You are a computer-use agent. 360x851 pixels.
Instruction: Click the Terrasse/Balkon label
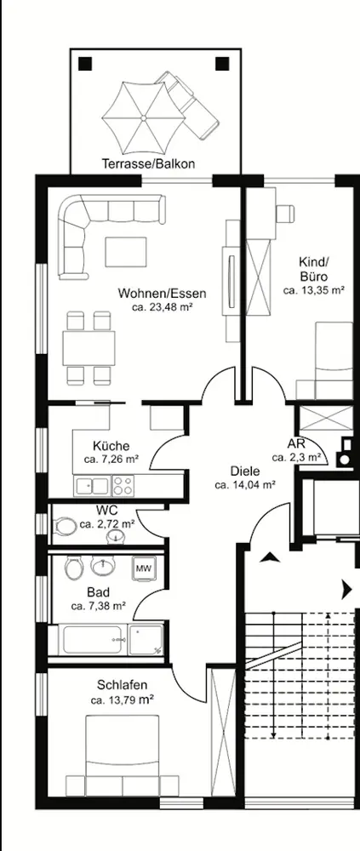coord(148,163)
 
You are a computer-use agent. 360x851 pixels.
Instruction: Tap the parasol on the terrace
coord(144,117)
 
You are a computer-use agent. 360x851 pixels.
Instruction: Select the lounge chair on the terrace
coord(187,104)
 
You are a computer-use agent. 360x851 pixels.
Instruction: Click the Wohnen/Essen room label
coord(163,294)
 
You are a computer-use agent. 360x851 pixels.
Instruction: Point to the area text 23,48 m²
coord(163,308)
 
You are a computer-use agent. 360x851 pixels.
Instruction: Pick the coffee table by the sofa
coord(126,252)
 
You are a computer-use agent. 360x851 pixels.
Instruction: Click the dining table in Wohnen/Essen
coord(89,348)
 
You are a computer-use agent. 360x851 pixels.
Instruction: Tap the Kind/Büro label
coord(314,270)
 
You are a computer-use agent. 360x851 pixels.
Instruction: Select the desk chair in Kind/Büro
coord(285,214)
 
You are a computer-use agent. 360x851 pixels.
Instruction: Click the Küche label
coord(111,446)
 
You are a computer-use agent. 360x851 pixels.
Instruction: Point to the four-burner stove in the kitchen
coord(123,485)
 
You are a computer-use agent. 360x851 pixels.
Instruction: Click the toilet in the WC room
coord(66,526)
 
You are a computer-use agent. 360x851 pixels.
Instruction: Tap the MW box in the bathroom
coord(143,568)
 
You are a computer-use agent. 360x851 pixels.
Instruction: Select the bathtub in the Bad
coord(92,641)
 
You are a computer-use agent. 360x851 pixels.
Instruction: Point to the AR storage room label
coord(296,444)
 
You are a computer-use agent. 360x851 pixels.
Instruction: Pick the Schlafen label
coord(123,685)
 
